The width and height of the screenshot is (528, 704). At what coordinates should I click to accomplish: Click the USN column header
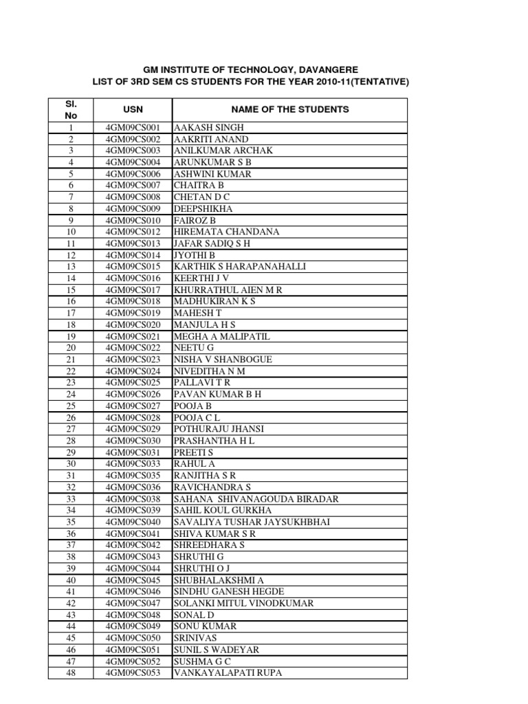133,109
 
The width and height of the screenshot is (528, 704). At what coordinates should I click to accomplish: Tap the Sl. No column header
70,110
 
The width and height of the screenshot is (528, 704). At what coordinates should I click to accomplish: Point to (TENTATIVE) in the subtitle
371,82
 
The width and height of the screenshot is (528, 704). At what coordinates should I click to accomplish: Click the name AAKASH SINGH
209,128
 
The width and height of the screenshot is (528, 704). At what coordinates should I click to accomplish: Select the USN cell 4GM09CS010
133,221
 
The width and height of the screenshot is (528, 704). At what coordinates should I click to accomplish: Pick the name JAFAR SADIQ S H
212,243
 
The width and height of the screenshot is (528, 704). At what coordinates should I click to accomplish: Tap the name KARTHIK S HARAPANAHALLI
240,267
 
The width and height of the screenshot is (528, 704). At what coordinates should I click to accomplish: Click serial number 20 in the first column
70,348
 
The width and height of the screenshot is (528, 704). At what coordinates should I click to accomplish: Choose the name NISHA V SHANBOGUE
223,360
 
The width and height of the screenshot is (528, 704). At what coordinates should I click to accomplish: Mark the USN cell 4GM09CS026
133,395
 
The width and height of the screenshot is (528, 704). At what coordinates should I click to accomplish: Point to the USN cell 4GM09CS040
133,522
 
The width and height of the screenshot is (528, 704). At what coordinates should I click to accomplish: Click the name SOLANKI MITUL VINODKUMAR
244,603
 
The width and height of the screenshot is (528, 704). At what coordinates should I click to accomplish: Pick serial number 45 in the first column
70,638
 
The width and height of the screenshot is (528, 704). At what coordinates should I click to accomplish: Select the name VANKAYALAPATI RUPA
228,672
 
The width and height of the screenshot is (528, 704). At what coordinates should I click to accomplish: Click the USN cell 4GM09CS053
133,672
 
